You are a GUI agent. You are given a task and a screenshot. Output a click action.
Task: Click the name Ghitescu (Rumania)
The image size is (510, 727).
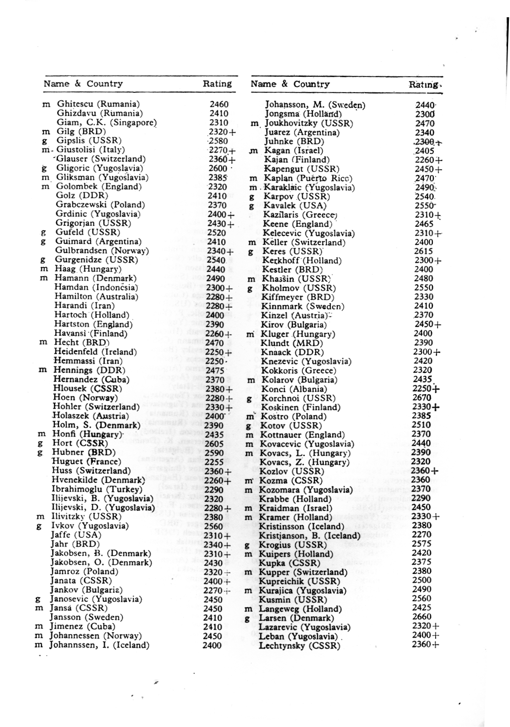tap(98, 104)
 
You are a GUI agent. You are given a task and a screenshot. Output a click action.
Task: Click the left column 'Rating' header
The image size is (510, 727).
tap(217, 84)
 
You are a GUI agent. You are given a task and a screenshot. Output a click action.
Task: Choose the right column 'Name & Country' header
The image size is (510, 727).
tap(290, 84)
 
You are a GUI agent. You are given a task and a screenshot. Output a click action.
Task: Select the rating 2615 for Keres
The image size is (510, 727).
tap(423, 251)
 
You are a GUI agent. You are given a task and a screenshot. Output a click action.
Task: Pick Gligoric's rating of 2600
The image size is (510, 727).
tap(218, 168)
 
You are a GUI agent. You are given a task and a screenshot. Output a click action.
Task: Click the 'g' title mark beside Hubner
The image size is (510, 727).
tap(40, 453)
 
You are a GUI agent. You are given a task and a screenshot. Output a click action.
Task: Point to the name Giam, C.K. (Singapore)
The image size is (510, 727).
tap(106, 122)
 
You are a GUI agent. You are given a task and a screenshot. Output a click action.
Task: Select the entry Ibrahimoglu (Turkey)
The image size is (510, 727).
tap(97, 489)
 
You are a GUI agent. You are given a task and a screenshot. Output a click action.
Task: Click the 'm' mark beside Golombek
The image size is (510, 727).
tap(46, 187)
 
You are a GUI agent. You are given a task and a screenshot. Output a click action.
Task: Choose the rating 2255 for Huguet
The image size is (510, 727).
tap(214, 462)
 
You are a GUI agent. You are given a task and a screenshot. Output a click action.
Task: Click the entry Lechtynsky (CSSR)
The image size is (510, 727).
tap(299, 646)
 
